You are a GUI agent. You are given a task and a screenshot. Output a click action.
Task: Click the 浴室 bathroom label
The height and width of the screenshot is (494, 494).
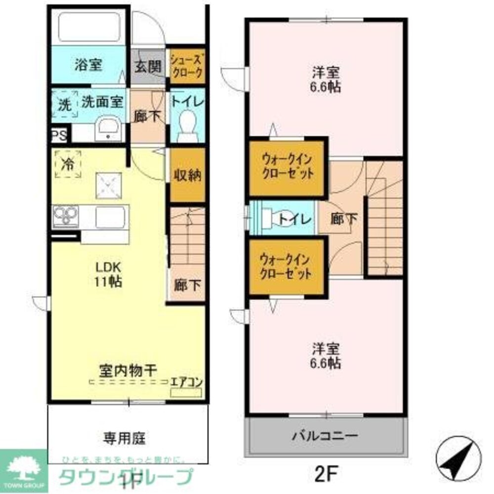[x=88, y=65]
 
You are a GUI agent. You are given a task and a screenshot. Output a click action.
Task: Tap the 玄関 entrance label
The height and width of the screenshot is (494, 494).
[x=148, y=67]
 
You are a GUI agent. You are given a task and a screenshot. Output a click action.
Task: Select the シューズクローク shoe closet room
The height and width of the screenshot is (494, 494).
[x=186, y=66]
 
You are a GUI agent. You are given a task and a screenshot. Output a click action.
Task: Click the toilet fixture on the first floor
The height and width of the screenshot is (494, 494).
[x=187, y=123]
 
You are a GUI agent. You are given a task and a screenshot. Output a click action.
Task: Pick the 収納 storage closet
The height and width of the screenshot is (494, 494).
[x=187, y=175]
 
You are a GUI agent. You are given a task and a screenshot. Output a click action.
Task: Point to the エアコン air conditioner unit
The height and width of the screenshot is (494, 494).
[x=186, y=393]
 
